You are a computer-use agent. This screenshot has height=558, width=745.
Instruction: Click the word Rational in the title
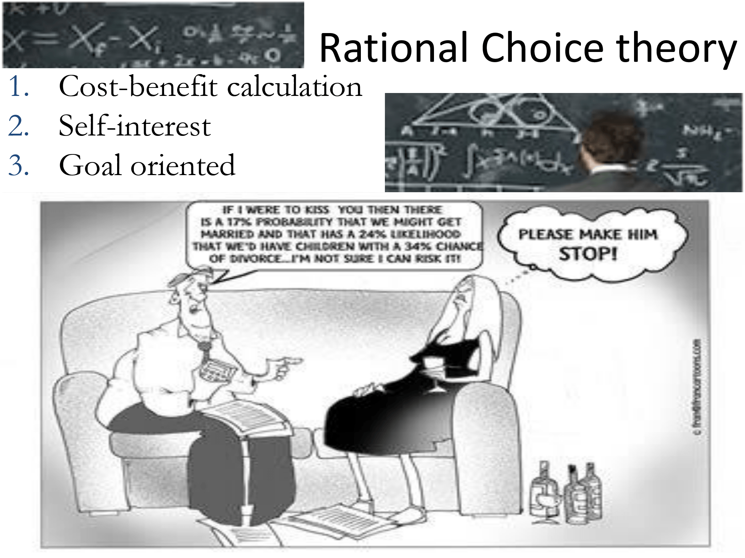pyautogui.click(x=395, y=48)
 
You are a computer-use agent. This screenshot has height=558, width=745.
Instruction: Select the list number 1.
pyautogui.click(x=18, y=86)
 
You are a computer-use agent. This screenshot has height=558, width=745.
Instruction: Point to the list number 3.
pyautogui.click(x=18, y=165)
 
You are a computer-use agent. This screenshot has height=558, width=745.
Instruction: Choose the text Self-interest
pyautogui.click(x=135, y=126)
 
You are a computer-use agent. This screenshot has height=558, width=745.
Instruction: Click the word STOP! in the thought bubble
pyautogui.click(x=588, y=254)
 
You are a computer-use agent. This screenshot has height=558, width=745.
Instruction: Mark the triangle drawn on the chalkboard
pyautogui.click(x=491, y=113)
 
